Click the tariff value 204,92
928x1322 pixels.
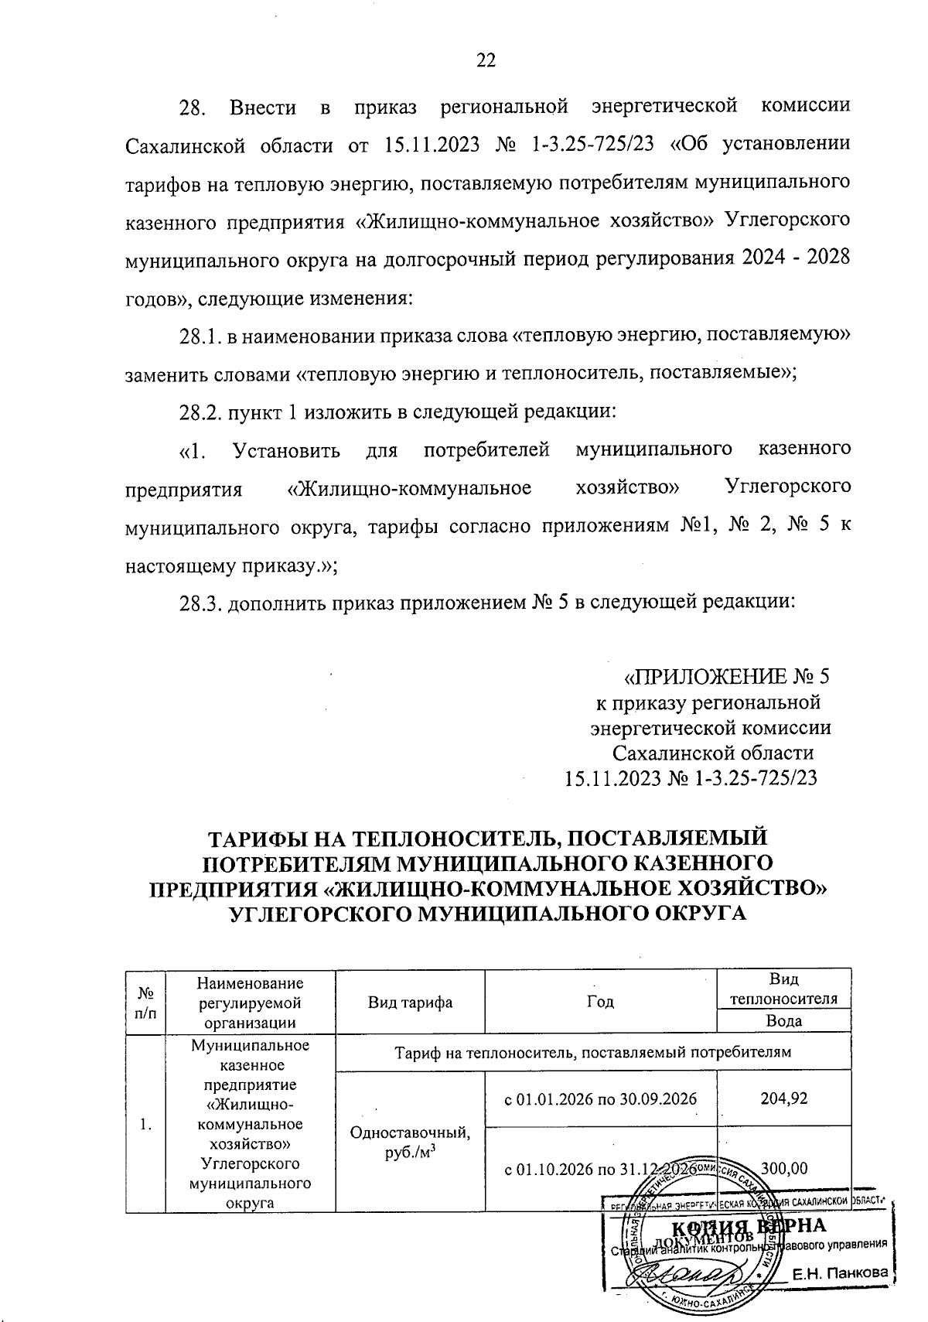(784, 1098)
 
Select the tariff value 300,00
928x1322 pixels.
(786, 1168)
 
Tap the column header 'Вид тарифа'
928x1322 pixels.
(410, 1002)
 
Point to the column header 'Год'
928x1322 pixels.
(601, 1002)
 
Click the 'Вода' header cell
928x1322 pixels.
(783, 1020)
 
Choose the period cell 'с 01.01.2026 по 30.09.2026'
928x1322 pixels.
(601, 1098)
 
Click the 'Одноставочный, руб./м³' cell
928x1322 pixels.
(410, 1141)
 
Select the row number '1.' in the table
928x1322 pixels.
(146, 1123)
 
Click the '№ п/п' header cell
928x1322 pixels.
(145, 1002)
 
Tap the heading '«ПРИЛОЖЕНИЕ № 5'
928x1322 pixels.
(726, 678)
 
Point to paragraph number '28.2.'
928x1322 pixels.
(200, 411)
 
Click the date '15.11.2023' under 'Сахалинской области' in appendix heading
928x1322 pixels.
(614, 778)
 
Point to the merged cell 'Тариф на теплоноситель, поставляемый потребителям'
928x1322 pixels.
(593, 1052)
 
